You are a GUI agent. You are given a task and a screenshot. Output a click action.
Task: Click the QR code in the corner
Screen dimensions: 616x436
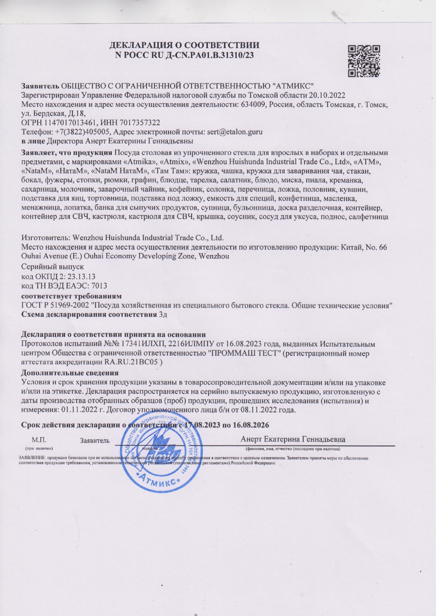click(364, 61)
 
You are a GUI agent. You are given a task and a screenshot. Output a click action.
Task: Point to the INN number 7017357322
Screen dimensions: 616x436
click(139, 123)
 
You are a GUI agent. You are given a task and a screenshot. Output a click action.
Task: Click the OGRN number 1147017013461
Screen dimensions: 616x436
click(69, 123)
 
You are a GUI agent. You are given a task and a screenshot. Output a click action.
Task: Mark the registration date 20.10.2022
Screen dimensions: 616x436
click(327, 95)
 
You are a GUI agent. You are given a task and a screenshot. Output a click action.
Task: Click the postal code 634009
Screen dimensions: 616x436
click(253, 105)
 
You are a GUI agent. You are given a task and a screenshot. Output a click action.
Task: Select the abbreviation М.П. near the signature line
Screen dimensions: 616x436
click(39, 440)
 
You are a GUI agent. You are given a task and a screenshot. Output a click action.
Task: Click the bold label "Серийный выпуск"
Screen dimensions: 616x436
click(53, 267)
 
